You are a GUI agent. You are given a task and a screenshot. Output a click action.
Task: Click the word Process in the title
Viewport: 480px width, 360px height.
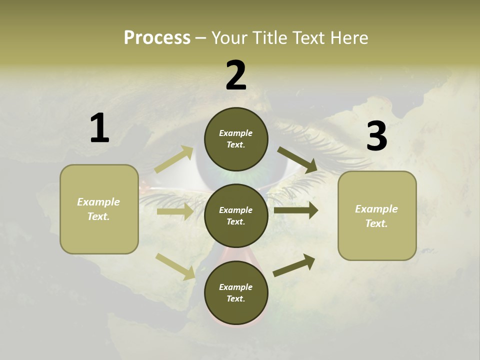pos(157,37)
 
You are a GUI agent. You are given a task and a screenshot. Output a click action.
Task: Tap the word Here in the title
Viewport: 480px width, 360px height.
pos(349,37)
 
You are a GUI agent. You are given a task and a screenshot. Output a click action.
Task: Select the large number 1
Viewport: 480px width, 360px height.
pos(99,128)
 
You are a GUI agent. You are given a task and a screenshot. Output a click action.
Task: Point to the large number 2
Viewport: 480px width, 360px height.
pos(236,76)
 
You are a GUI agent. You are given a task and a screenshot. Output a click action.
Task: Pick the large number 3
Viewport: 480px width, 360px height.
pos(376,136)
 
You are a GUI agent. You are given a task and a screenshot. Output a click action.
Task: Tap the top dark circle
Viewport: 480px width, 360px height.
pos(236,139)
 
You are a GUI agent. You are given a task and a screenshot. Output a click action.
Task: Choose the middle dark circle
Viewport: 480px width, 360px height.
pos(236,215)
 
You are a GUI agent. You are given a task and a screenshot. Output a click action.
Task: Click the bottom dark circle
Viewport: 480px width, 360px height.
pos(236,292)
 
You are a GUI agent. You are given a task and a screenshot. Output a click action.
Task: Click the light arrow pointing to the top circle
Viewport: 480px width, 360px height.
pos(174,159)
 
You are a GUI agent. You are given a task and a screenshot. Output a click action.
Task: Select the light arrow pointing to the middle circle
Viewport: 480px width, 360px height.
pos(175,211)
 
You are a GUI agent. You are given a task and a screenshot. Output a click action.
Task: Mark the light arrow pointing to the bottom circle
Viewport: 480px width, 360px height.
pos(175,266)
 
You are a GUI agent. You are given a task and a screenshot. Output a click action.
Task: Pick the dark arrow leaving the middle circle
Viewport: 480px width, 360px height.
pos(295,210)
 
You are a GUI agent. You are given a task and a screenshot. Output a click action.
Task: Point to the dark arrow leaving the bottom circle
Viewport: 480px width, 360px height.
pos(294,265)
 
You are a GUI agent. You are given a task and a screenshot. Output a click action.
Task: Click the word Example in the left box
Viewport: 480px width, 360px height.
pos(98,202)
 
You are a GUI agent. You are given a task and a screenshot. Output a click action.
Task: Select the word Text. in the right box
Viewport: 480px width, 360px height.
pos(376,223)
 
